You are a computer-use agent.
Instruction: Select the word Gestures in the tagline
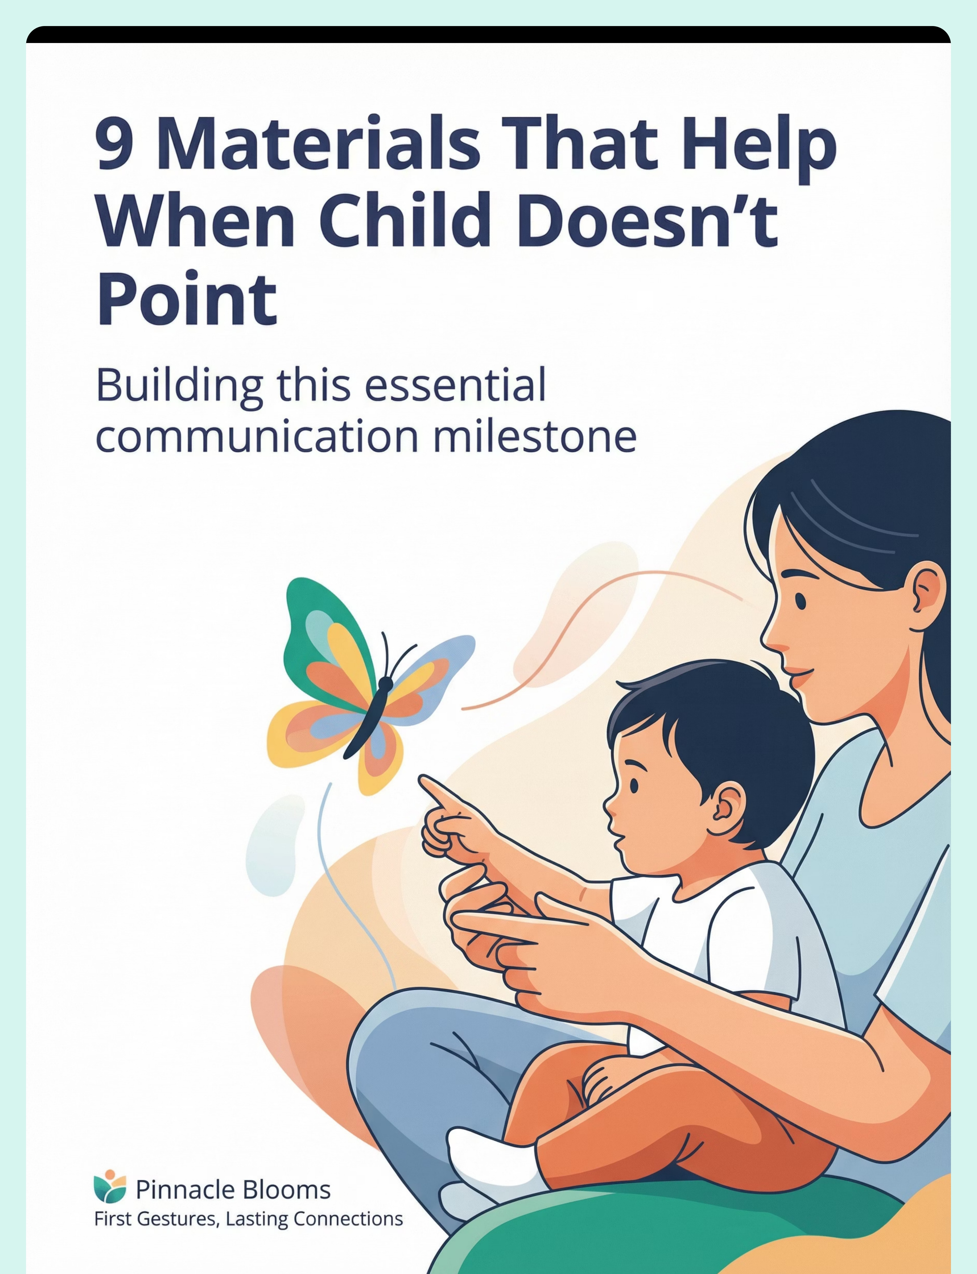(x=177, y=1219)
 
